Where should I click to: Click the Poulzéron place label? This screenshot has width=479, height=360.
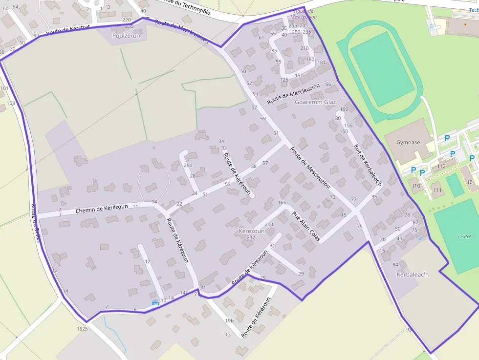[x=126, y=36]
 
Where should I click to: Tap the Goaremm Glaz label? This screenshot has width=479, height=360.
[x=315, y=102]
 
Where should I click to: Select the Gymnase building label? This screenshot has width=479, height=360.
[x=408, y=143]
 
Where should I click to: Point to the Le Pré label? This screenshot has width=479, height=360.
[x=464, y=236]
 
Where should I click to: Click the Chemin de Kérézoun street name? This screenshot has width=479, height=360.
[x=102, y=209]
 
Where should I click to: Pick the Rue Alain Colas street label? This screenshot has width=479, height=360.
[x=306, y=226]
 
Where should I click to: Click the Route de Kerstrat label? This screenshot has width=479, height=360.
[x=68, y=30]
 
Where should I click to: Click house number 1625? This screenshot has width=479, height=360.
[x=82, y=329]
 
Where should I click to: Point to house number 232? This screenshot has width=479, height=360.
[x=251, y=237]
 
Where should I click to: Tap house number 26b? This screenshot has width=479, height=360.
[x=188, y=165]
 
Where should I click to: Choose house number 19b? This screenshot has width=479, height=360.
[x=229, y=320]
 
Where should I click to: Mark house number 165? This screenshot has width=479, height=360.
[x=282, y=202]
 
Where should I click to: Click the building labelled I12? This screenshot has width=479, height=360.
[x=442, y=166]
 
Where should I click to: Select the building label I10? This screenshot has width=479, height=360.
[x=416, y=186]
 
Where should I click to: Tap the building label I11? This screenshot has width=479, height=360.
[x=437, y=190]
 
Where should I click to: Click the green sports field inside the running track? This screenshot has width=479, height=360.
[x=382, y=68]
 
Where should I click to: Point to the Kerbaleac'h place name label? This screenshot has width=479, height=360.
[x=412, y=275]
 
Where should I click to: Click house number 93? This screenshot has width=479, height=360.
[x=409, y=330]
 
